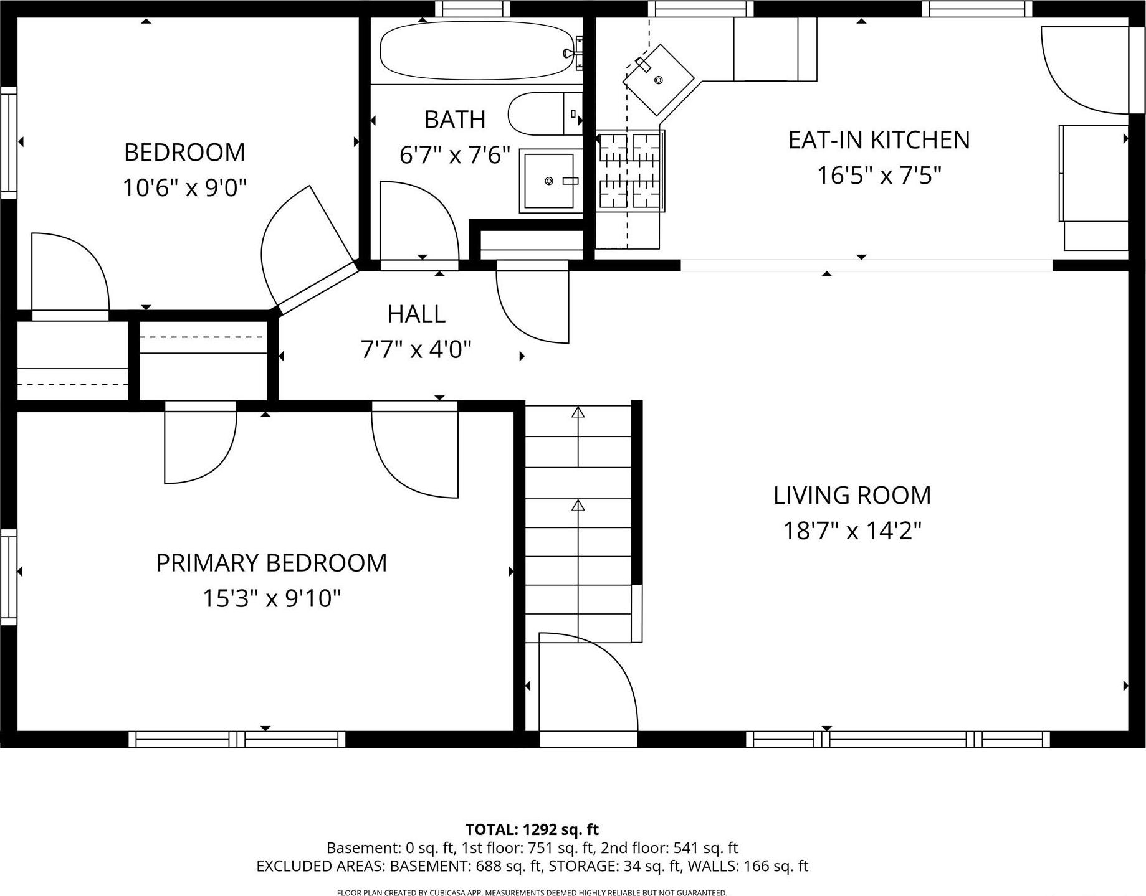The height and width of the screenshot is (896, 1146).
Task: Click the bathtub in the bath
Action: point(477,51)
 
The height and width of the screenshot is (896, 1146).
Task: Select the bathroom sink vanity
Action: point(549,181)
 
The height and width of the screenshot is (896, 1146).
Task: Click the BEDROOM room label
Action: point(184,153)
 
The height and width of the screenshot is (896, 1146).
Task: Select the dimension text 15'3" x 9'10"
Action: point(272,598)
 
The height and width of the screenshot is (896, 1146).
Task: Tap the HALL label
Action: point(416,314)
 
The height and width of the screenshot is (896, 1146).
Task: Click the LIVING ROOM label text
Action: point(852,496)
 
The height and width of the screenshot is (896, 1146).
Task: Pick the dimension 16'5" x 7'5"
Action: point(879,176)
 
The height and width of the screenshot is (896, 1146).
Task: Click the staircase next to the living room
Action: point(578,523)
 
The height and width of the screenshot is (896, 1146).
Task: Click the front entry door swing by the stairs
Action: point(586,682)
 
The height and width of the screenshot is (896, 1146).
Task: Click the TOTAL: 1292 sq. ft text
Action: point(532,829)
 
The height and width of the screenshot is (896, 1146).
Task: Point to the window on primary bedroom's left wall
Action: point(9,576)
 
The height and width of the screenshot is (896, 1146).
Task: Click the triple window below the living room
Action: point(897,739)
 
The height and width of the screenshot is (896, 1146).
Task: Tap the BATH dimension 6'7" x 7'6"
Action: point(455,155)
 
